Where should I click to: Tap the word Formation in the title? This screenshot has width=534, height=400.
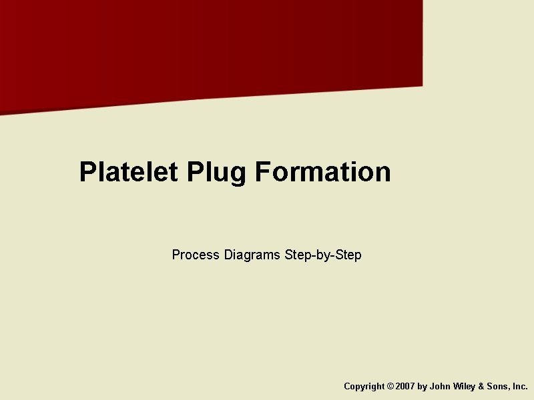pos(322,172)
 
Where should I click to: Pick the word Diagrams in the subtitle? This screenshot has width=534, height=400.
pos(252,255)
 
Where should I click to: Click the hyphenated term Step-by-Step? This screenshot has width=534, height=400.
pos(323,255)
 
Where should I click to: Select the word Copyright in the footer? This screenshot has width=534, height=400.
pos(364,387)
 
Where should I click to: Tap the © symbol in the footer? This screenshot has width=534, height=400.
pos(390,387)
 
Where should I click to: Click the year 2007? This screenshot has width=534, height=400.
pos(405,387)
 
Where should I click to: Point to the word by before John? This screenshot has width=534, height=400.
pos(422,387)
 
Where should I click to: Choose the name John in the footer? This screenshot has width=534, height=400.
pos(440,387)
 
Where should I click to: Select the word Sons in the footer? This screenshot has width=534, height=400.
pos(498,387)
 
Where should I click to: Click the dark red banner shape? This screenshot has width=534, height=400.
pos(200,47)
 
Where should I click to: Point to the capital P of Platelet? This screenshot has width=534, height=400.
pos(87,172)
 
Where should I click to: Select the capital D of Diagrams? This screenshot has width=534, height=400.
pos(228,255)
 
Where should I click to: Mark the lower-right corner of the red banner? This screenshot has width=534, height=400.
pos(421,85)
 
